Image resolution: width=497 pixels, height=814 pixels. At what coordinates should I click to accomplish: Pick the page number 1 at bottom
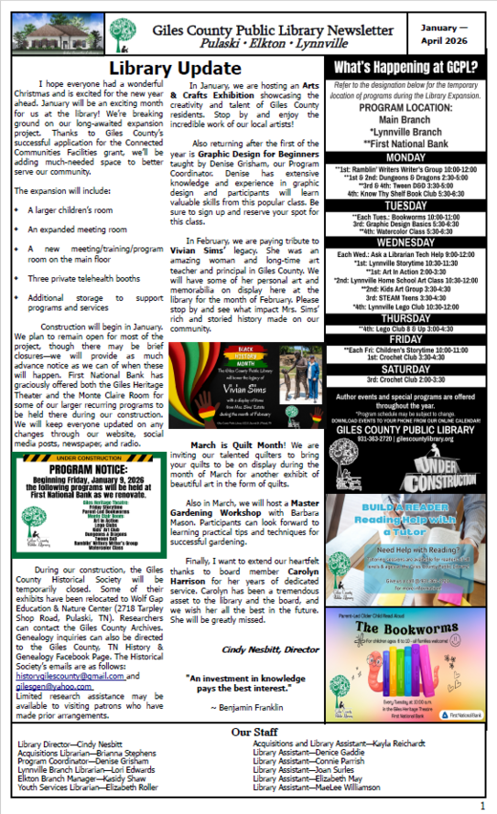tap(481, 805)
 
